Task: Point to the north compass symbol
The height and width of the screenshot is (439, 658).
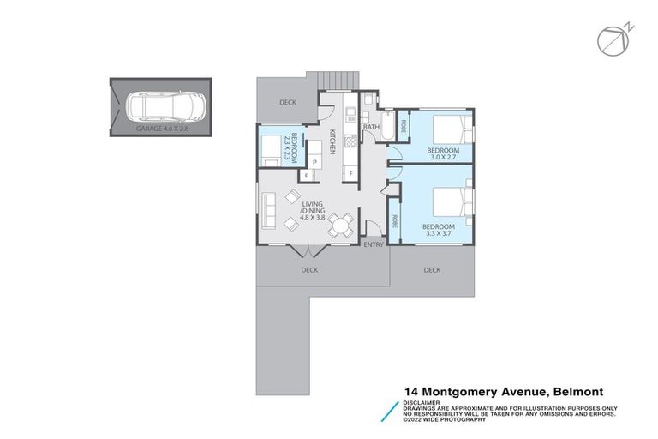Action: pos(610,37)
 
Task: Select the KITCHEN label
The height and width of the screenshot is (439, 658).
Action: pos(332,141)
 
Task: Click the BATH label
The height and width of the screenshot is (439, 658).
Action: pos(371,128)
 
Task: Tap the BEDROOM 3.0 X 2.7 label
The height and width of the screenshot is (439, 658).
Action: pos(444,153)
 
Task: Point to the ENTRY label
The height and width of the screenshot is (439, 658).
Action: pos(374,245)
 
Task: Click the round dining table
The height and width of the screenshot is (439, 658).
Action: pos(342,226)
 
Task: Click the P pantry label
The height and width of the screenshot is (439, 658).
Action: pos(314,162)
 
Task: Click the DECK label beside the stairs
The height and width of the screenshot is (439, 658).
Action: pos(288,102)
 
